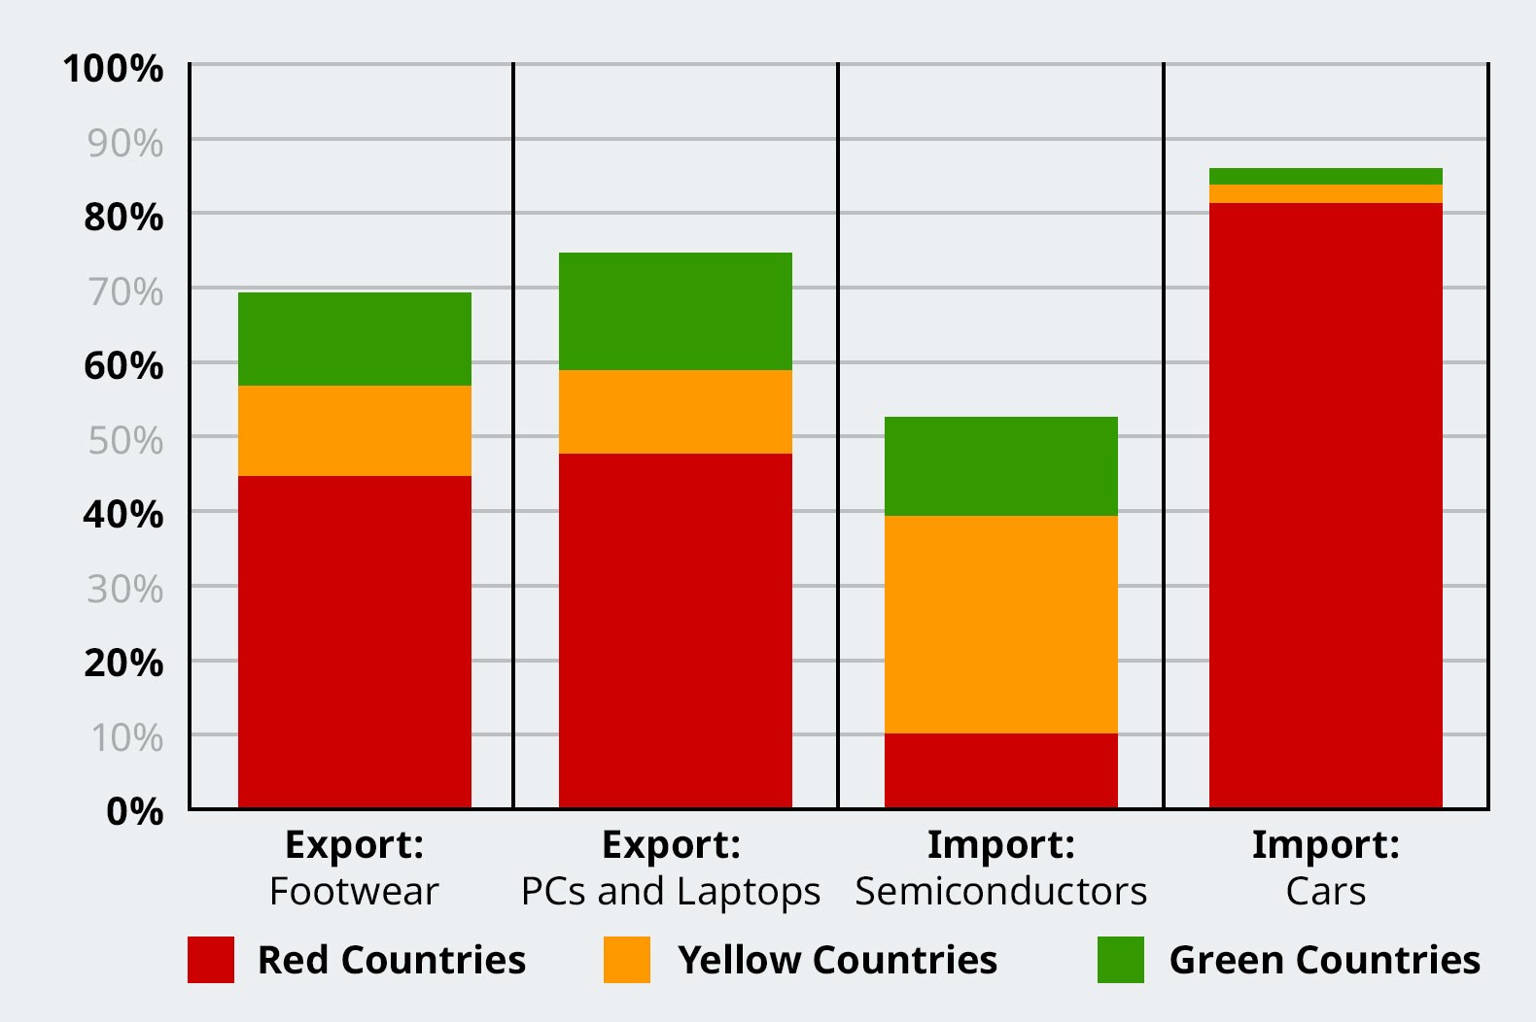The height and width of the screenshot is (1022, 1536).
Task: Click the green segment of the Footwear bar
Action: [355, 339]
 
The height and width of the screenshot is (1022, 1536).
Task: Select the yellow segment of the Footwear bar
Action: [355, 431]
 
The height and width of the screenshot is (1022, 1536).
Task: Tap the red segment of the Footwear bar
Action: [355, 642]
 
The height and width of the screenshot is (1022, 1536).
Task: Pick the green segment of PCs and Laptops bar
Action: [676, 311]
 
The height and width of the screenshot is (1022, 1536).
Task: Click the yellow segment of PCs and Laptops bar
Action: [676, 412]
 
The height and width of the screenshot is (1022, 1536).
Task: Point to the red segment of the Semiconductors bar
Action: [1001, 771]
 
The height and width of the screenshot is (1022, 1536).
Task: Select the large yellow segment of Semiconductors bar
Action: [1001, 625]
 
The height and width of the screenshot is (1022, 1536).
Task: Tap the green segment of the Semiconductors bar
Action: [1001, 466]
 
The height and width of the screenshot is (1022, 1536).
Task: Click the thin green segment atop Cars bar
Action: [1326, 176]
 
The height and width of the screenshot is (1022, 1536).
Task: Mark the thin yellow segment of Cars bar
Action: [1326, 194]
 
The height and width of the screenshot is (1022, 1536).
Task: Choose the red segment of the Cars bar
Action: [1326, 506]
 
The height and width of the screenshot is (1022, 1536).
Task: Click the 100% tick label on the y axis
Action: [113, 69]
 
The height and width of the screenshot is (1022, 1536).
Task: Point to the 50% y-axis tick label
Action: [126, 441]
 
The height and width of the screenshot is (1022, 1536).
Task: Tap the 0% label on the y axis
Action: [135, 812]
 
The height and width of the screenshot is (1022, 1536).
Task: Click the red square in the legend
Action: [211, 960]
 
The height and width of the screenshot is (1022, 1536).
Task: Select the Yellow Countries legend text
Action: [837, 960]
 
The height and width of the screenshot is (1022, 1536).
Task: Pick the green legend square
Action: [1121, 960]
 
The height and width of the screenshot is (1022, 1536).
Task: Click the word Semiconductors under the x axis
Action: [1001, 891]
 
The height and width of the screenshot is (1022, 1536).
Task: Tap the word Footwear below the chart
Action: [354, 891]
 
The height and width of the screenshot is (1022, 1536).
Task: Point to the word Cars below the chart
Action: [1325, 891]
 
